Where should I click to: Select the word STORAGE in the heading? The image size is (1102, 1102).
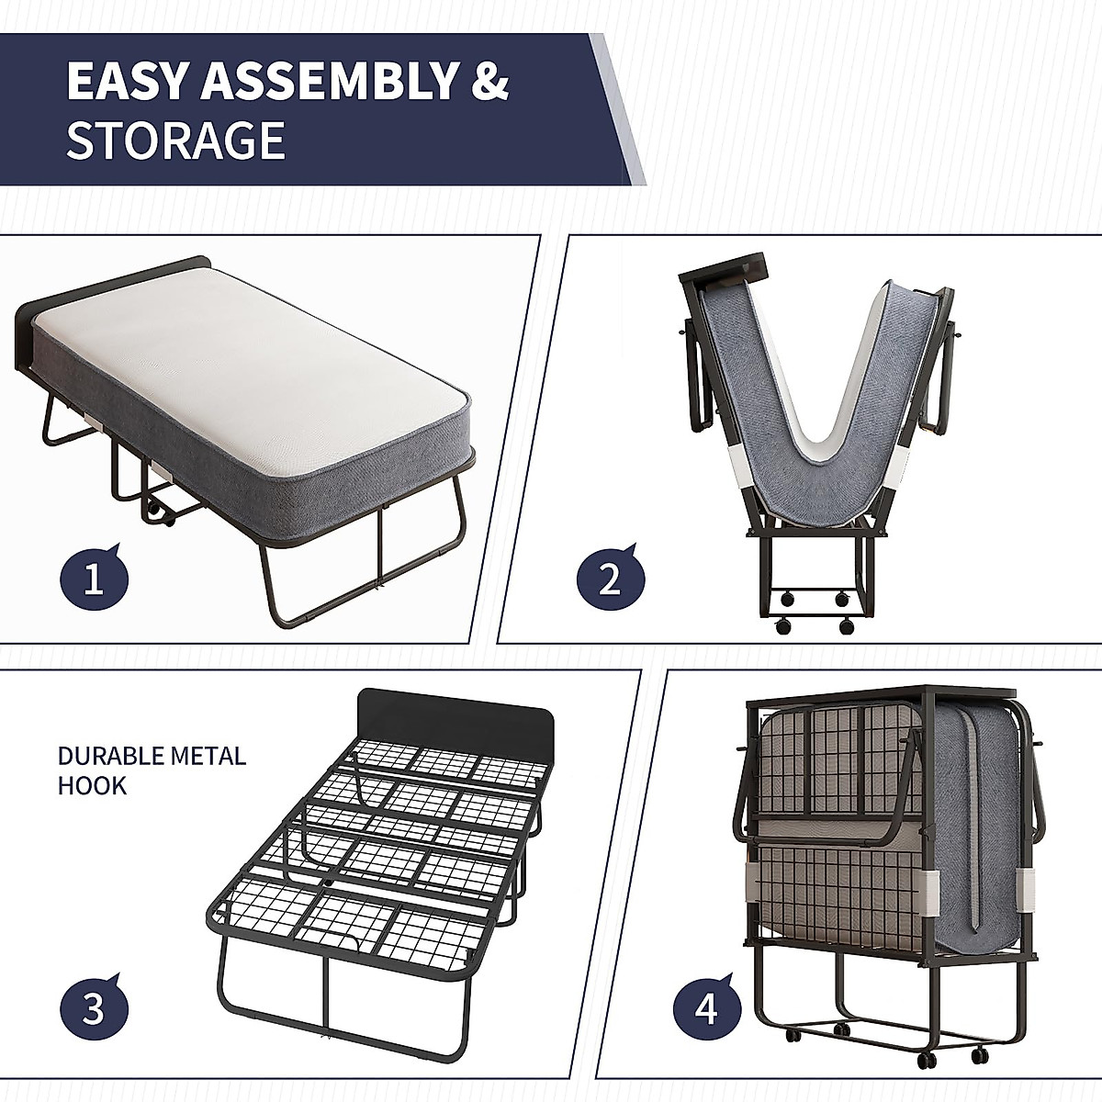click(175, 141)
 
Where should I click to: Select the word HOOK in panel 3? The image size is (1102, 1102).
click(92, 785)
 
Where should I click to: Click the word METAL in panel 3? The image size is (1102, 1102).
click(212, 756)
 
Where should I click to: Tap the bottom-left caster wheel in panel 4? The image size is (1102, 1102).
click(789, 1036)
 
